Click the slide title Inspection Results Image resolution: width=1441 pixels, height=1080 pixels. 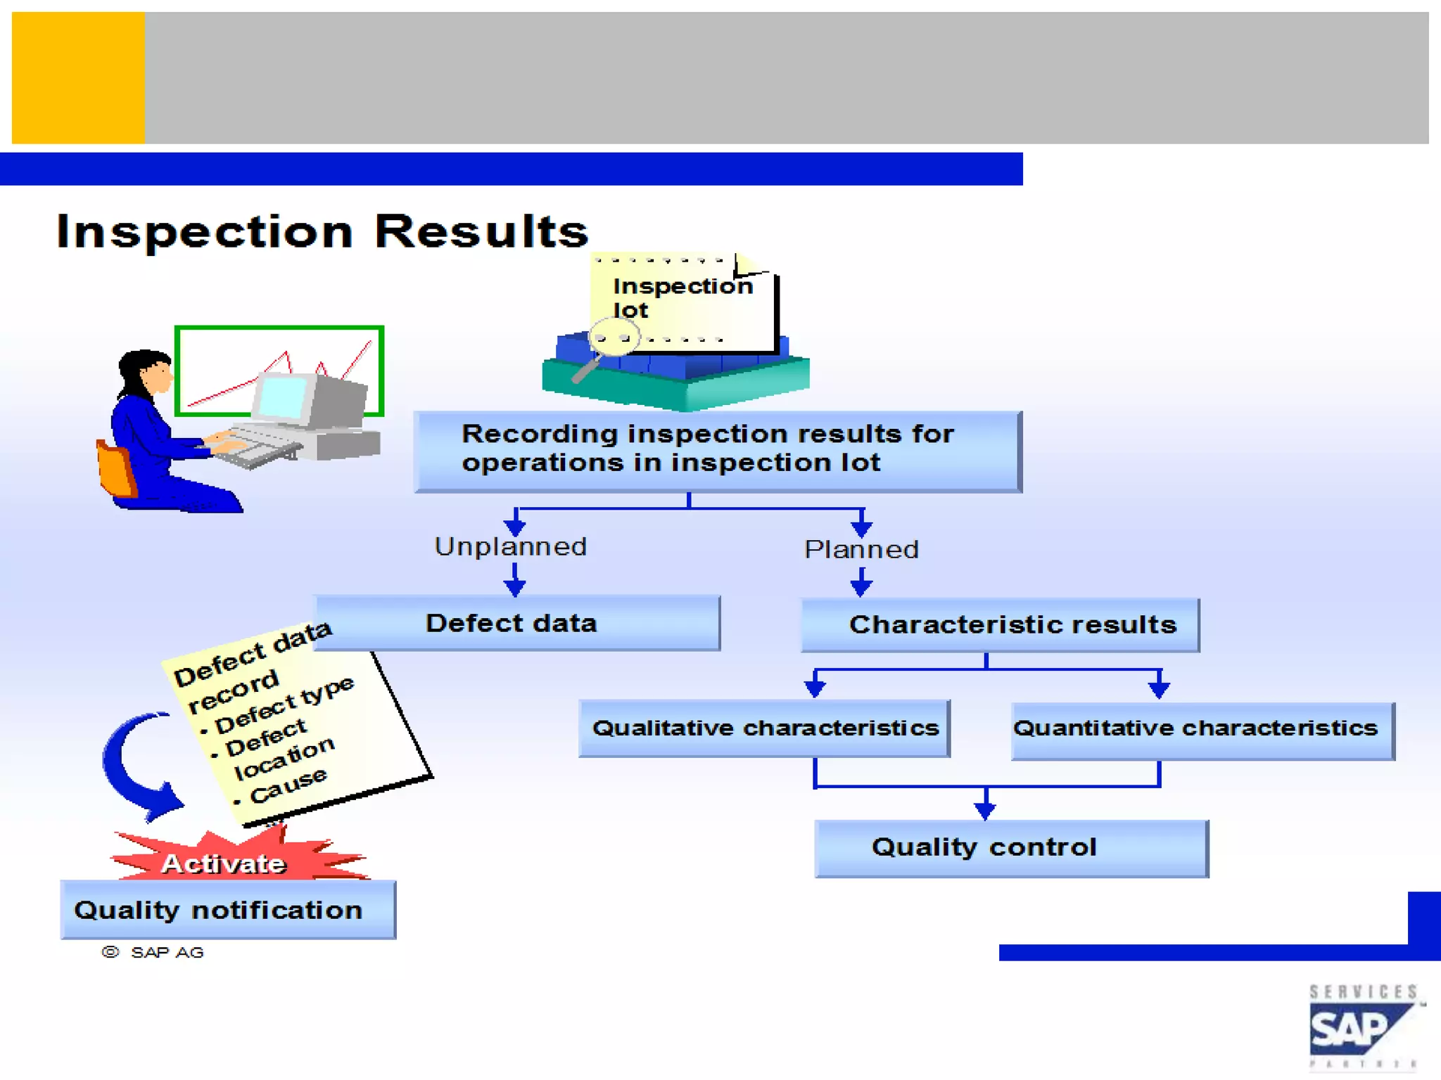(322, 231)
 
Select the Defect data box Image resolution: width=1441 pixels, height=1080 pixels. (516, 623)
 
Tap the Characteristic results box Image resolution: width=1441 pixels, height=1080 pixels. (1000, 625)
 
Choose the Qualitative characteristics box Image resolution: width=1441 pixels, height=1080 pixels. (764, 728)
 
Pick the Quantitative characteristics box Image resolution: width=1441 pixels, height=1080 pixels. (1202, 729)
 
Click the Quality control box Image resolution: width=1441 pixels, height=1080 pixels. (1011, 848)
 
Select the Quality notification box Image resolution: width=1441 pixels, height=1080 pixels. (227, 910)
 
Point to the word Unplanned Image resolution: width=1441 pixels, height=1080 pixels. (510, 547)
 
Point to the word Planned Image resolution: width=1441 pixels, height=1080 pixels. (861, 550)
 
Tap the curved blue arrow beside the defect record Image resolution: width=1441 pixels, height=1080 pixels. (137, 767)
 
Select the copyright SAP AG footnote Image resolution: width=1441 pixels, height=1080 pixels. (153, 953)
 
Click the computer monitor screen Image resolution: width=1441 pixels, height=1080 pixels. (282, 397)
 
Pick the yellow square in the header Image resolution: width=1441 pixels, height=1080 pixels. (78, 77)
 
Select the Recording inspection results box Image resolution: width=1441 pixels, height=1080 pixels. (718, 450)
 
